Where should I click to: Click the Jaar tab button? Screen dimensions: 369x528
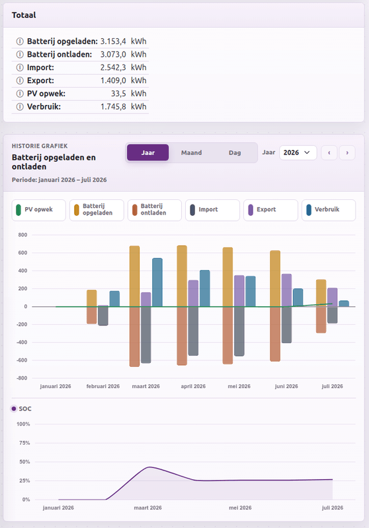pos(147,152)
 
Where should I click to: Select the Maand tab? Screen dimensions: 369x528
pos(191,152)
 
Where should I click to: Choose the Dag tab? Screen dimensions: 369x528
pos(235,152)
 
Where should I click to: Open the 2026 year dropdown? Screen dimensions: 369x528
pos(298,152)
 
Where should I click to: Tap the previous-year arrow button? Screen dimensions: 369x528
pos(329,153)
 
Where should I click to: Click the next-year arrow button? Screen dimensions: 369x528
pos(347,153)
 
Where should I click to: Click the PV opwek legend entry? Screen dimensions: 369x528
pos(39,210)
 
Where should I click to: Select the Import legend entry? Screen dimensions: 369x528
pos(212,210)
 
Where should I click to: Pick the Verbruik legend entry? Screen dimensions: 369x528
pos(329,210)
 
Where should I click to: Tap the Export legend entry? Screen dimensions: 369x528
pos(270,210)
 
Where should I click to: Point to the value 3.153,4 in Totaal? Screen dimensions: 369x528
pos(113,42)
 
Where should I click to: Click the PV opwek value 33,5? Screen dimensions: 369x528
pos(119,94)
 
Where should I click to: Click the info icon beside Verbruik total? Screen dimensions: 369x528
pos(20,107)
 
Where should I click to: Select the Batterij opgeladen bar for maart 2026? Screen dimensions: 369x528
pos(135,276)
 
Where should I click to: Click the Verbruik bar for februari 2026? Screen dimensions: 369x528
pos(114,299)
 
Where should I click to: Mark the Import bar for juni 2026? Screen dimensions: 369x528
pos(286,325)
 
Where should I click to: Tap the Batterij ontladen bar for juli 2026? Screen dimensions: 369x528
pos(321,319)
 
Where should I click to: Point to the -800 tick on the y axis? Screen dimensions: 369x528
pos(22,378)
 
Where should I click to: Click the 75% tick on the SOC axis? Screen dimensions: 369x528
pos(24,443)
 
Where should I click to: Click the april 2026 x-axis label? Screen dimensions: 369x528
pos(193,386)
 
